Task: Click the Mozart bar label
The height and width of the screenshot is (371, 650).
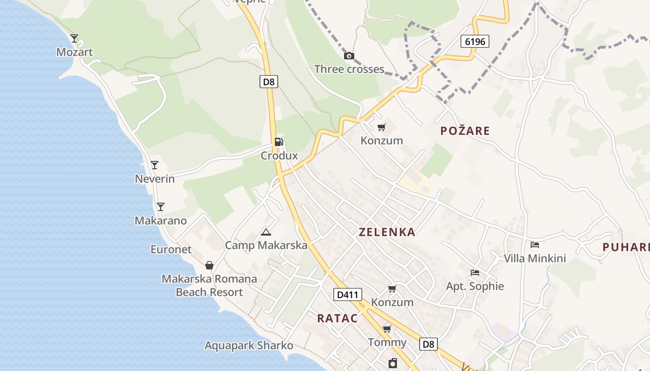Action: pyautogui.click(x=74, y=52)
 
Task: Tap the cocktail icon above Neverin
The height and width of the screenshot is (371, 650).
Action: pyautogui.click(x=155, y=165)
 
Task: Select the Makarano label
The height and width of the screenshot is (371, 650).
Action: pyautogui.click(x=161, y=221)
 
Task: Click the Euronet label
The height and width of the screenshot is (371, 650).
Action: pyautogui.click(x=171, y=249)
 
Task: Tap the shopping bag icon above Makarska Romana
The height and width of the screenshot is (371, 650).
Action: pyautogui.click(x=209, y=265)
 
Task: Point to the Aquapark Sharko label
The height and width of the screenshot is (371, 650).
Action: pyautogui.click(x=249, y=345)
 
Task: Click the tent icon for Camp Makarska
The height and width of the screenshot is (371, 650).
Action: pyautogui.click(x=266, y=232)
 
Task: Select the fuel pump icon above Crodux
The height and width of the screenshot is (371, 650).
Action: pyautogui.click(x=279, y=142)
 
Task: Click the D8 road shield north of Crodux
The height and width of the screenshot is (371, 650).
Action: pyautogui.click(x=269, y=82)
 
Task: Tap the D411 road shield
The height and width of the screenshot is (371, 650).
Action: pyautogui.click(x=347, y=294)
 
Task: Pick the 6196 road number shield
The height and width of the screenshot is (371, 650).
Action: pyautogui.click(x=475, y=42)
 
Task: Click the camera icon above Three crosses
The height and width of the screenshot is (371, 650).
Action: pyautogui.click(x=349, y=56)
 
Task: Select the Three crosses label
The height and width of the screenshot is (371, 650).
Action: pyautogui.click(x=349, y=70)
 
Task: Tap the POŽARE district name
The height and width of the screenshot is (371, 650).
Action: pyautogui.click(x=465, y=131)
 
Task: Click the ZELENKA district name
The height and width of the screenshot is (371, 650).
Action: pyautogui.click(x=387, y=232)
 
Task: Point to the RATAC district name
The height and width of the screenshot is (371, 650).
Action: pyautogui.click(x=338, y=318)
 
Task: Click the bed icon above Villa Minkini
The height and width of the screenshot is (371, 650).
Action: pyautogui.click(x=535, y=245)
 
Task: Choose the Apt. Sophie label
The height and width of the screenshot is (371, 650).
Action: pyautogui.click(x=475, y=286)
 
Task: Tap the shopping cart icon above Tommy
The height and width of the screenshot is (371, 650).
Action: pyautogui.click(x=387, y=329)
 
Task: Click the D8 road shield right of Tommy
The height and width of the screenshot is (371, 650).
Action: pyautogui.click(x=429, y=344)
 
